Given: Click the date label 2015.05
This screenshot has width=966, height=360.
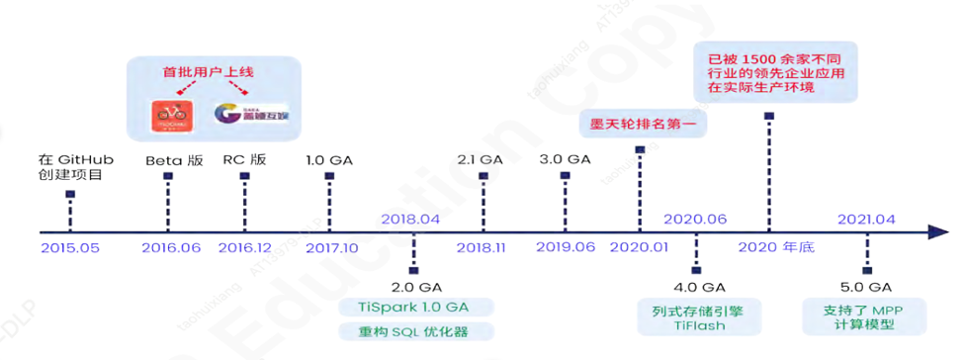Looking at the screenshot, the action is point(70,247).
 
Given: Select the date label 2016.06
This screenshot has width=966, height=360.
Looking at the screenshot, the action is point(171,247).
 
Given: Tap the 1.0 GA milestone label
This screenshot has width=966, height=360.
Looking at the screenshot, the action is point(329,160).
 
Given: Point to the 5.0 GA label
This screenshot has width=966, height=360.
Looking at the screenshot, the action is point(868,287).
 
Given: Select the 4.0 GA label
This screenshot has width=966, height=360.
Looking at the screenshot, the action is point(696,287).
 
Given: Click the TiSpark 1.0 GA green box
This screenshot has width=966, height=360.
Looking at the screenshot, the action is point(414,307).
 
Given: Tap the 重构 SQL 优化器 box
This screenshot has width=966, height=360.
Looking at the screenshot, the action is point(414,332).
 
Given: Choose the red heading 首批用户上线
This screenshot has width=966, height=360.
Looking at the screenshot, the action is point(210,71).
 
